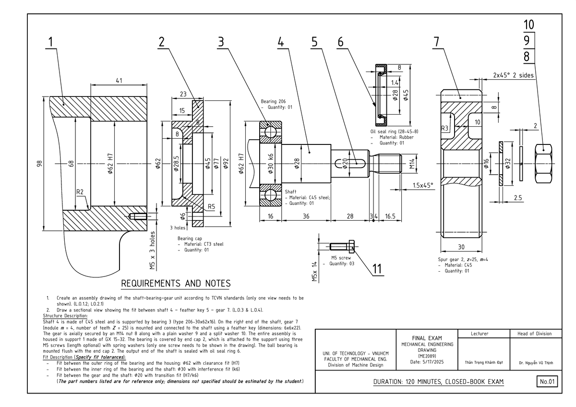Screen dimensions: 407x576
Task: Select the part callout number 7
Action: click(436, 42)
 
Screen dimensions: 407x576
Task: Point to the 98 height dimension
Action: click(39, 164)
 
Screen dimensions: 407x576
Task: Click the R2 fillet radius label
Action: click(80, 192)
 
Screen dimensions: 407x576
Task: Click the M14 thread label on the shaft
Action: click(412, 164)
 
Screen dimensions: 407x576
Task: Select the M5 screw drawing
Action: click(343, 247)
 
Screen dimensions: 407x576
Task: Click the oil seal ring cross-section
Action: click(381, 91)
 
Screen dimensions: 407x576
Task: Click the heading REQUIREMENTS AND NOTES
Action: click(175, 283)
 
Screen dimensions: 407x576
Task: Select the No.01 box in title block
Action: click(547, 382)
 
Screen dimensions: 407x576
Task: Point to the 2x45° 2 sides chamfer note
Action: click(513, 75)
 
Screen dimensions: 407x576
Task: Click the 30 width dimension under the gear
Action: click(461, 247)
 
